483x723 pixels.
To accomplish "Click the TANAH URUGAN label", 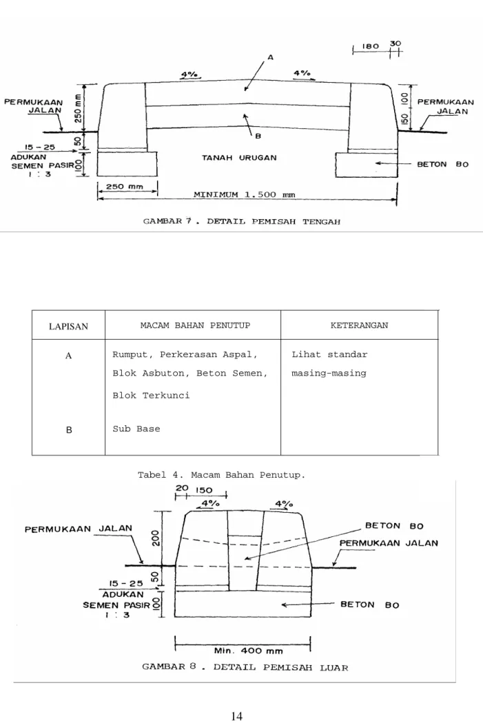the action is coord(239,158).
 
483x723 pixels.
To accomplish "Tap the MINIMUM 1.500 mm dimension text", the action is coord(245,194).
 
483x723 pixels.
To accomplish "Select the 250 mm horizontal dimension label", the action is coord(125,187).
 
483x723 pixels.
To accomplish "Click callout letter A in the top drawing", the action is coord(271,58).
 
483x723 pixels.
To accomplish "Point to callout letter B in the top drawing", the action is coord(258,136).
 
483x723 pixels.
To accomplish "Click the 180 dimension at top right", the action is coord(371,46).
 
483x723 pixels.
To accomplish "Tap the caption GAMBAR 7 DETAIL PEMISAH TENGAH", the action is coord(242,221).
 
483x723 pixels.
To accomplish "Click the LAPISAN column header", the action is coord(68,327).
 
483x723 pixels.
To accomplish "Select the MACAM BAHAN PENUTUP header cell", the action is coord(195,325).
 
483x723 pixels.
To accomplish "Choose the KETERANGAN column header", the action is coord(359,325).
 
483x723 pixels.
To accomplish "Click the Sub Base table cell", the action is coord(136,429).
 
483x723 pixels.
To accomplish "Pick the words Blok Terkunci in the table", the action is coord(151,395).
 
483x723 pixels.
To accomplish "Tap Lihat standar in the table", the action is coord(329,354).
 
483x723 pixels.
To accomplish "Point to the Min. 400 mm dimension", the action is coord(249,651).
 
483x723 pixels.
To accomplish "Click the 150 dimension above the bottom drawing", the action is coord(204,490).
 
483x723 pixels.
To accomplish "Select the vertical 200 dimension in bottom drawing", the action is coord(155,538).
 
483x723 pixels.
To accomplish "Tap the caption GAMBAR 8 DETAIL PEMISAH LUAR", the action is coord(245,667).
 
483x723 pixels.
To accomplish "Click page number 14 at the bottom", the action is coord(236,715).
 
